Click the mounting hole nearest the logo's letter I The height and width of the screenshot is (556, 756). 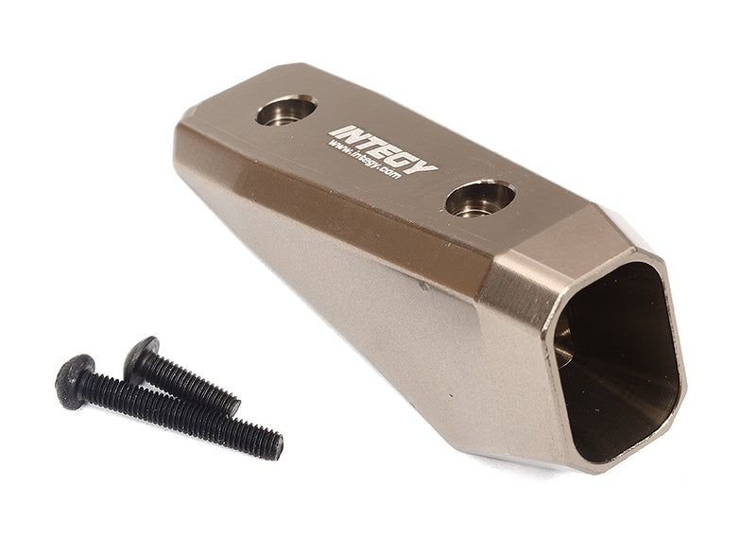click(x=285, y=111)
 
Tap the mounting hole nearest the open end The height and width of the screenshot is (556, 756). click(x=480, y=198)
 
